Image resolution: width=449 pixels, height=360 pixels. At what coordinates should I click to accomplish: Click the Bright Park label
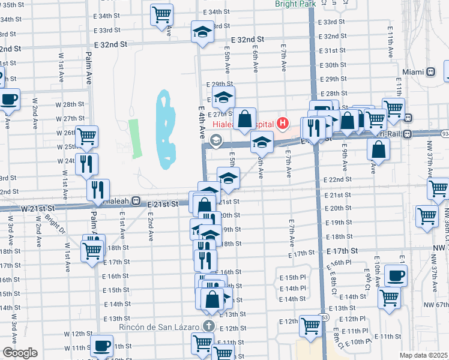[295, 4]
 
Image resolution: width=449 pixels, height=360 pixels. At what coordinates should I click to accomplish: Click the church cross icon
[208, 326]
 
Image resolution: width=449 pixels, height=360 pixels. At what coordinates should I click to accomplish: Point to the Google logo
[20, 353]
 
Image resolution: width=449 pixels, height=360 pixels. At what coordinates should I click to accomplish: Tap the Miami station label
[413, 72]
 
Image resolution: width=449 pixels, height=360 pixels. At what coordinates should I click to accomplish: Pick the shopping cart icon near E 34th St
[161, 13]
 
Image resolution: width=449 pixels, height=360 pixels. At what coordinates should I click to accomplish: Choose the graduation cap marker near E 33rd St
[202, 31]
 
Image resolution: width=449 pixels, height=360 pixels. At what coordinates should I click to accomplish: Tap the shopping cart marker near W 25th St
[88, 136]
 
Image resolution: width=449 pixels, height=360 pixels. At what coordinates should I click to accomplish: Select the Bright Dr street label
[53, 226]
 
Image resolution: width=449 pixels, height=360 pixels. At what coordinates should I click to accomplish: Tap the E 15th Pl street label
[293, 278]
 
